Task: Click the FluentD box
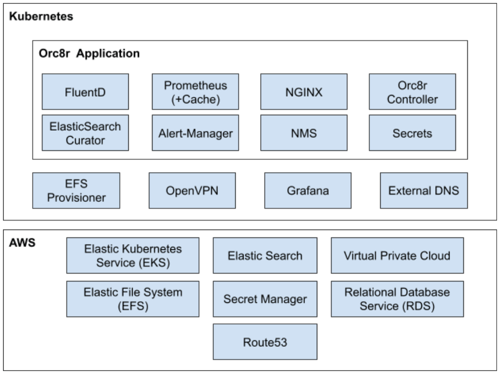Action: tap(85, 92)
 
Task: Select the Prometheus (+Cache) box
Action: tap(196, 92)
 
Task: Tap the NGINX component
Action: tap(304, 92)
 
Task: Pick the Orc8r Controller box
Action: tap(412, 92)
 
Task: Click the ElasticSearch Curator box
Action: tap(85, 133)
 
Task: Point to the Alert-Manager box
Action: tap(196, 133)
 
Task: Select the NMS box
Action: tap(304, 133)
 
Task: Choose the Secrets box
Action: tap(412, 133)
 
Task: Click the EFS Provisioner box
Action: tap(76, 190)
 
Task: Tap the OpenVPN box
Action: tap(192, 190)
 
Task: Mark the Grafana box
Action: tap(307, 190)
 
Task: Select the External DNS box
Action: tap(423, 190)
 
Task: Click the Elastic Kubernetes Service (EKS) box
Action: tap(133, 255)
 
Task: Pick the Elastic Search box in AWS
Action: tap(265, 255)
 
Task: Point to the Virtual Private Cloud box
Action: tap(397, 255)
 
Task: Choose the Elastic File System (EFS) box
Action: tap(133, 299)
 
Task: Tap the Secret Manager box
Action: tap(265, 299)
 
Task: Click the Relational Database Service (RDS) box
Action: tap(397, 299)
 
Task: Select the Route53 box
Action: tap(265, 342)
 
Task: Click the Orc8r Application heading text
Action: tap(89, 53)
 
